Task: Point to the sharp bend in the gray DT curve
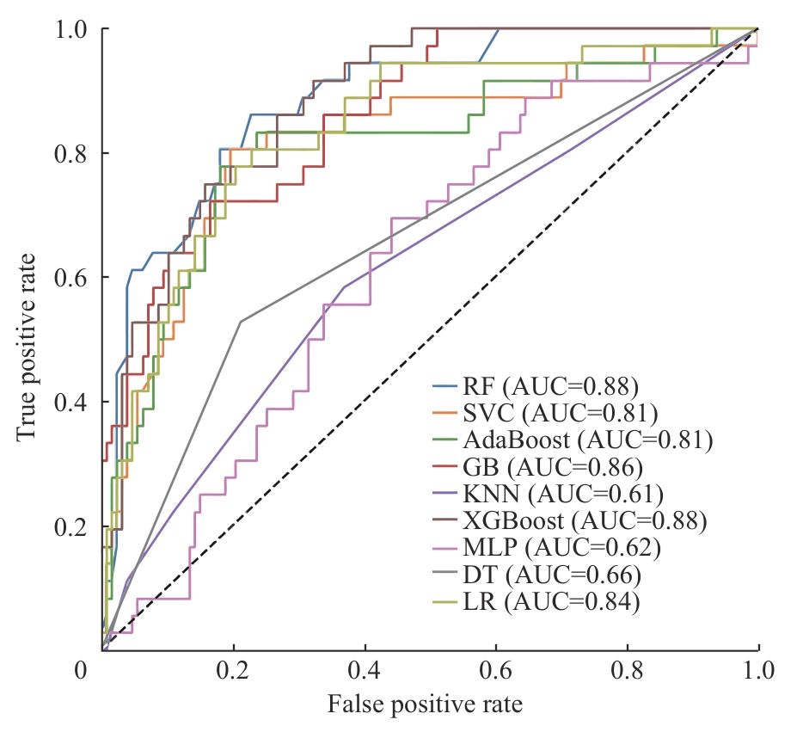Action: (240, 321)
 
